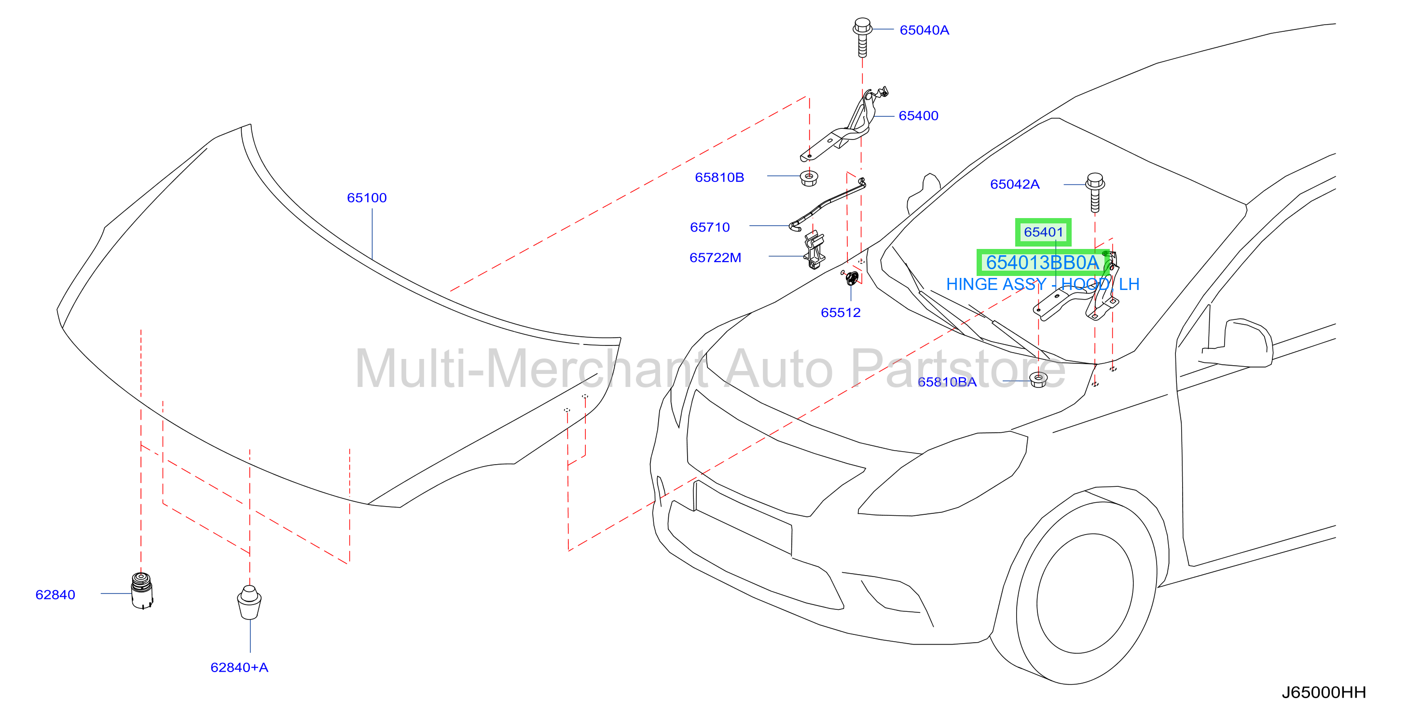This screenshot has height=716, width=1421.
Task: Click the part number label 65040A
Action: (924, 30)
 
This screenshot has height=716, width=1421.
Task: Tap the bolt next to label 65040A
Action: (862, 38)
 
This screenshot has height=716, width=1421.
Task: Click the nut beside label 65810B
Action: (809, 178)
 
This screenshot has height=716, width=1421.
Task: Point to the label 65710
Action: (709, 227)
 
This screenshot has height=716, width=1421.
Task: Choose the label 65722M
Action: (715, 258)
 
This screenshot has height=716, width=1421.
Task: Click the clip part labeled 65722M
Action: (814, 250)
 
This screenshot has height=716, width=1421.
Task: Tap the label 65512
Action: (840, 313)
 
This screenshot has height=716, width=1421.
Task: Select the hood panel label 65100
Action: (367, 198)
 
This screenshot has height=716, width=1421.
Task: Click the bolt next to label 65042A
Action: (1095, 193)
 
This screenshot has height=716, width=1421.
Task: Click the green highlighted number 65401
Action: (1043, 232)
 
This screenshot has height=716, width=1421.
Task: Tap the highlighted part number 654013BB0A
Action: (1042, 262)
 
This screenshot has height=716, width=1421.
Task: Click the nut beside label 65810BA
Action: (1039, 380)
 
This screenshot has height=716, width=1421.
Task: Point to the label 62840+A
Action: (239, 667)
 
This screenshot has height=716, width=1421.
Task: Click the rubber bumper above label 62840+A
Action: (249, 602)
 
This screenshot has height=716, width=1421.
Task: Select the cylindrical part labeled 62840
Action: (142, 590)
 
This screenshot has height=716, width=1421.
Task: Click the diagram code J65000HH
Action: (1324, 693)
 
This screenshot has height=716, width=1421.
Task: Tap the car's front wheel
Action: (1085, 593)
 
